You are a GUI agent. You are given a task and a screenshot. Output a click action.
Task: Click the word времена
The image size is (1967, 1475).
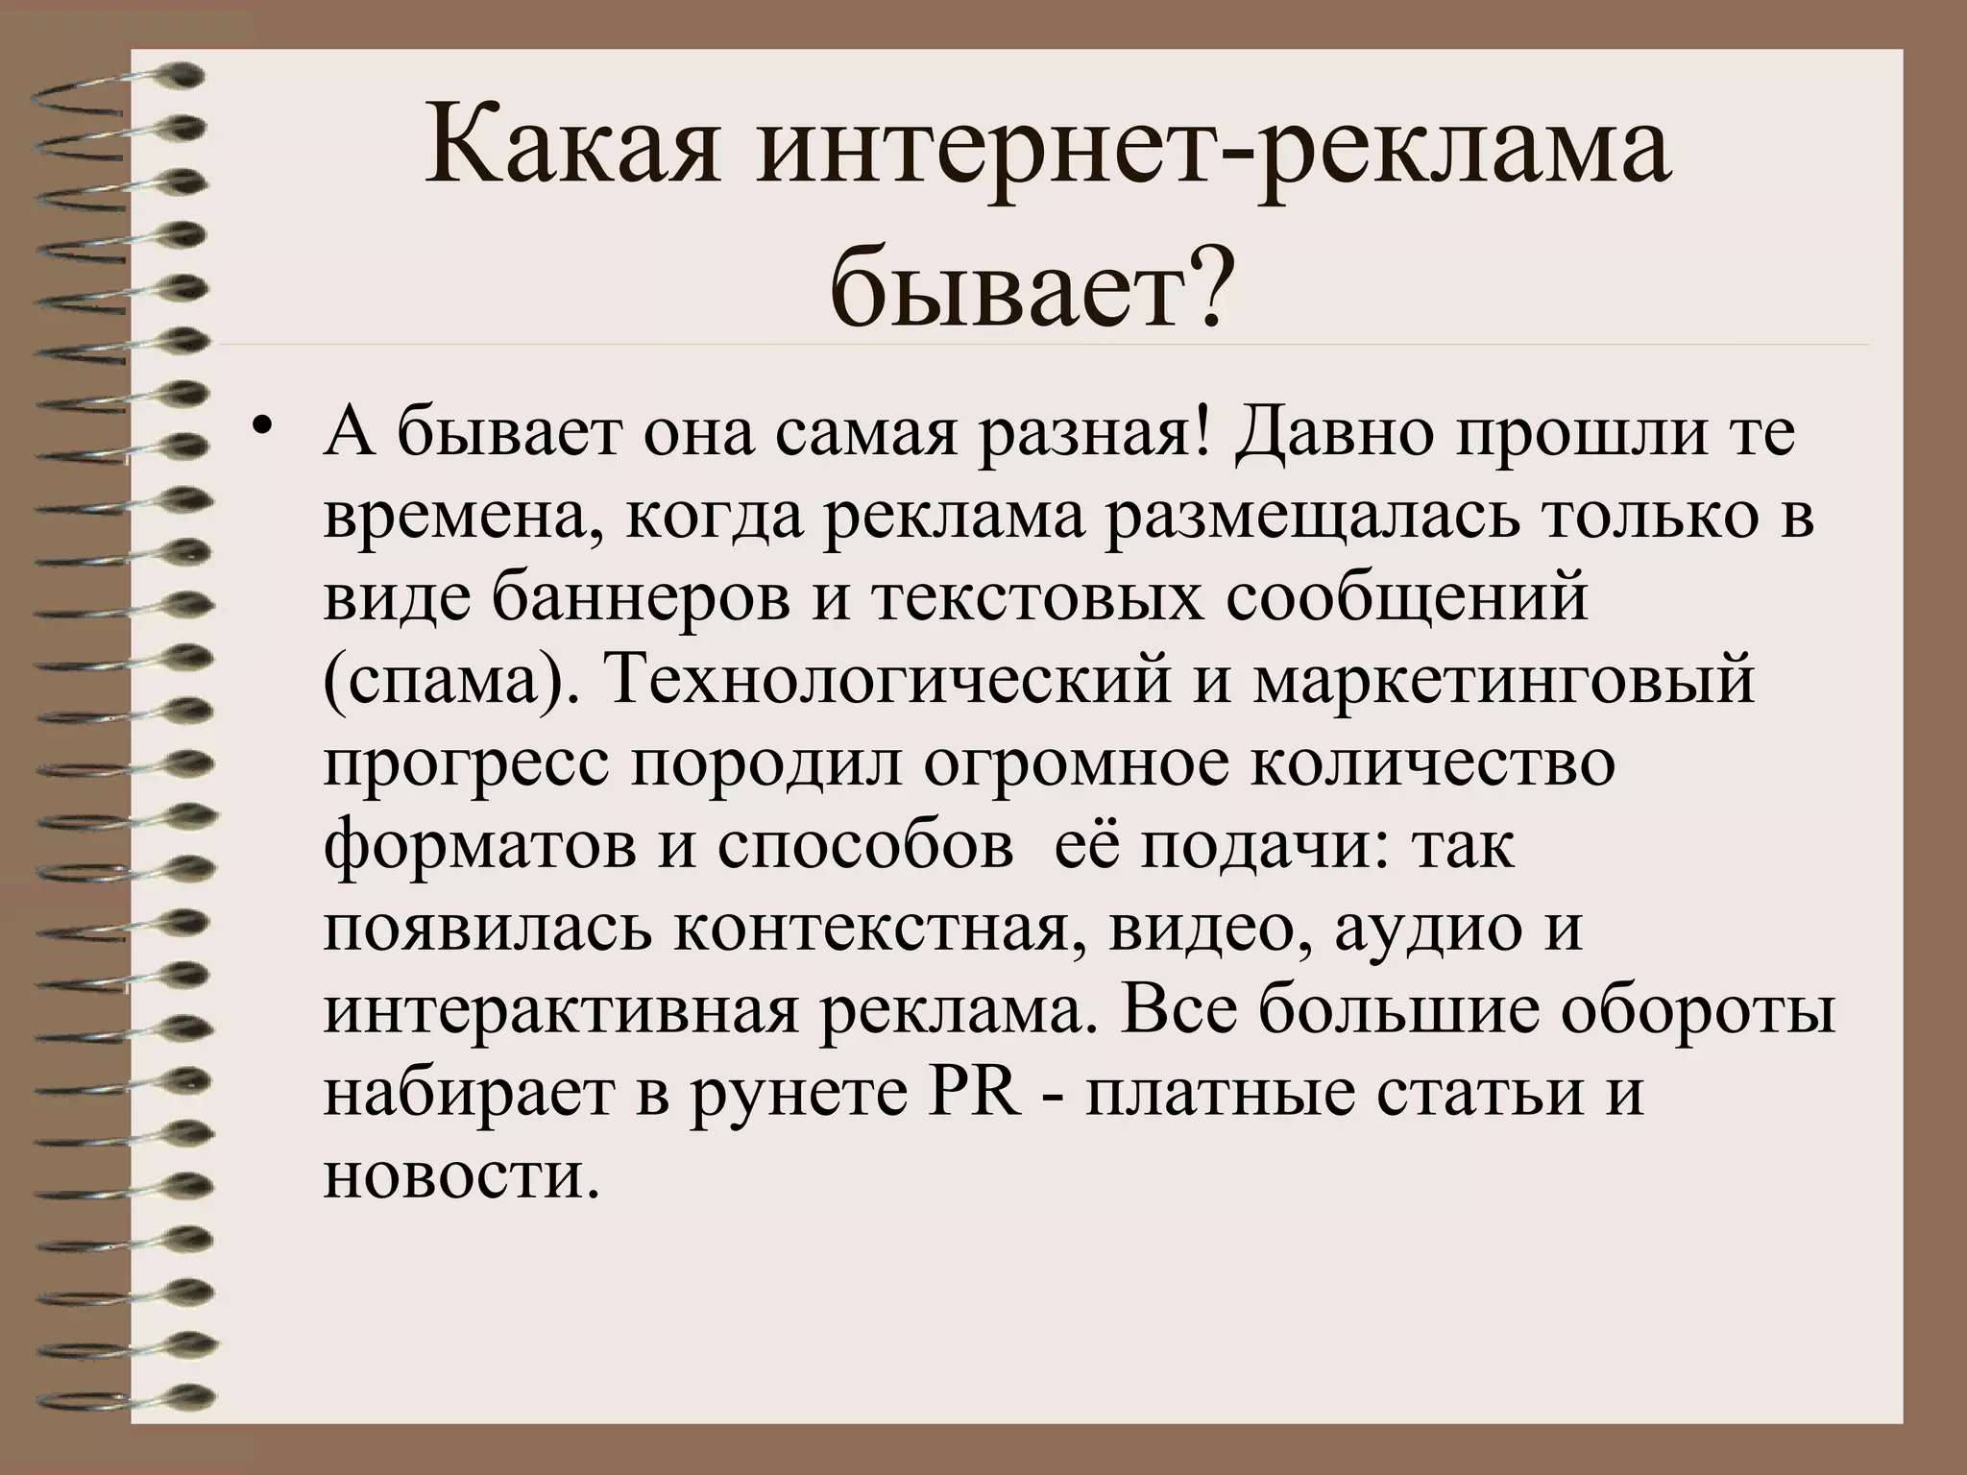pos(465,517)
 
